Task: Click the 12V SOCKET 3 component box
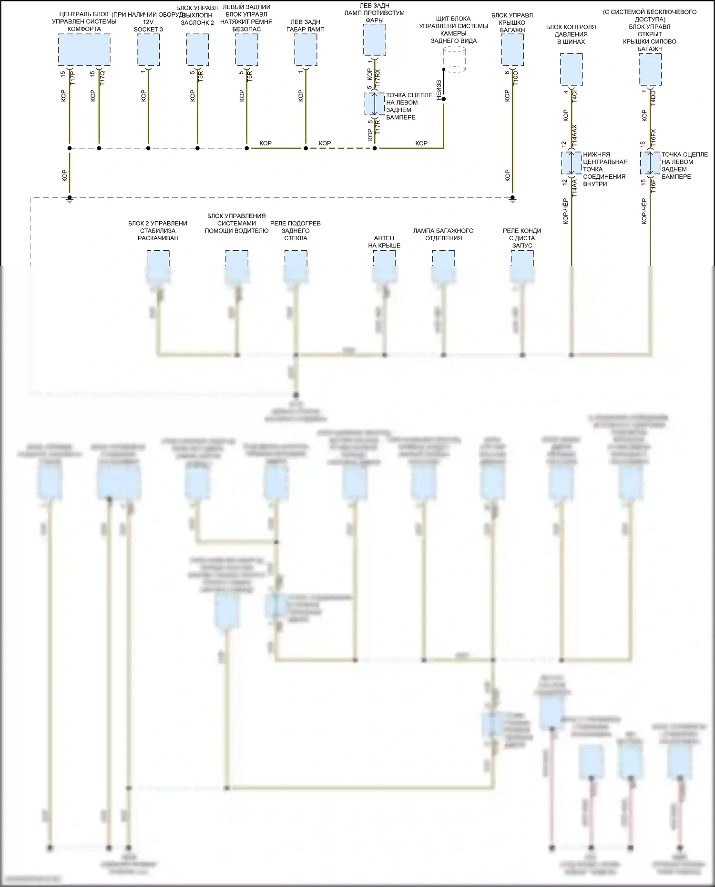point(148,50)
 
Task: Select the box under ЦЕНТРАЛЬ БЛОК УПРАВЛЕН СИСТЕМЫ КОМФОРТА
point(84,50)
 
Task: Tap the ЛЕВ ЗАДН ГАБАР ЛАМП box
point(306,50)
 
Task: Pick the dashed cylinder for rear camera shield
point(454,59)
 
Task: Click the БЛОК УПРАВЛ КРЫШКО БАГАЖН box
point(512,50)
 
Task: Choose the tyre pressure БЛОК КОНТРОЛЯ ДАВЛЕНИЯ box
point(571,69)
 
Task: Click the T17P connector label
point(72,78)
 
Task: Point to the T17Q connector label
point(102,78)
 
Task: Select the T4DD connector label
point(653,98)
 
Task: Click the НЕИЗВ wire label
point(439,90)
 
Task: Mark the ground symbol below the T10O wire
point(512,200)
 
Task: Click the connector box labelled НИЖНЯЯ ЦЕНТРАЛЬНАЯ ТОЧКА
point(571,163)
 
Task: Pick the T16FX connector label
point(653,138)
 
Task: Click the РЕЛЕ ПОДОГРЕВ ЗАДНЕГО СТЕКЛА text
point(296,231)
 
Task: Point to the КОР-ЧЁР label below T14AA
point(565,211)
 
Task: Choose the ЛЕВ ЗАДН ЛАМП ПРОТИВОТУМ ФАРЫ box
point(375,40)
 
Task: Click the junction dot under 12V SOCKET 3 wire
point(148,148)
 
